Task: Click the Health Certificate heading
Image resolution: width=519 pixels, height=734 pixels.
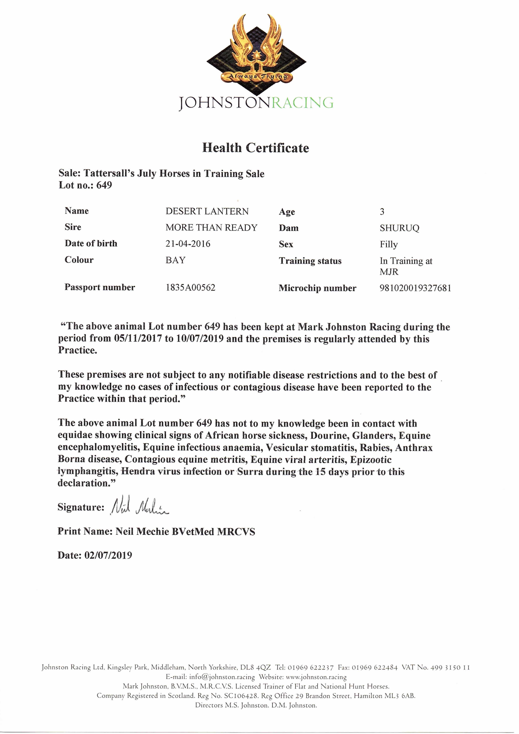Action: click(255, 148)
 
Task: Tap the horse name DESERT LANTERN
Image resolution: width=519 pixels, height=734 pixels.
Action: click(207, 211)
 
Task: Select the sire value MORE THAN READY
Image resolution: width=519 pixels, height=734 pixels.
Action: click(211, 228)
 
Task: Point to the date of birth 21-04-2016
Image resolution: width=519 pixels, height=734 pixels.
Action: click(188, 244)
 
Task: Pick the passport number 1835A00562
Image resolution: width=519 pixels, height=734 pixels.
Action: click(190, 287)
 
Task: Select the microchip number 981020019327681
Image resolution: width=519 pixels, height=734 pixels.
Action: click(415, 288)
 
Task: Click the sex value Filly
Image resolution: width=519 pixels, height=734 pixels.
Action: click(388, 245)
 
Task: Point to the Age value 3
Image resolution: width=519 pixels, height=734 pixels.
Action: click(382, 212)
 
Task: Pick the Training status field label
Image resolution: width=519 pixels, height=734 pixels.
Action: click(310, 261)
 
